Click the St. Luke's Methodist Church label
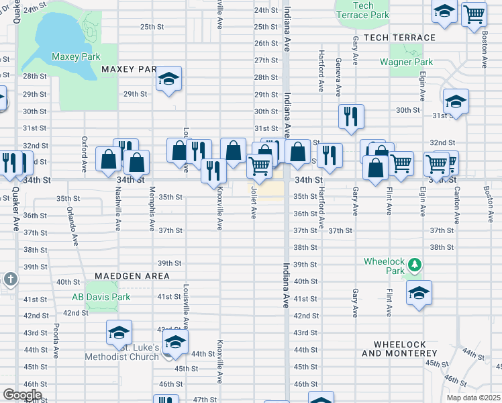[121, 352]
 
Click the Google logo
[22, 394]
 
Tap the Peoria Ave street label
[56, 342]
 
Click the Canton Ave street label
[456, 210]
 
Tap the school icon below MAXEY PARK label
[169, 79]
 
